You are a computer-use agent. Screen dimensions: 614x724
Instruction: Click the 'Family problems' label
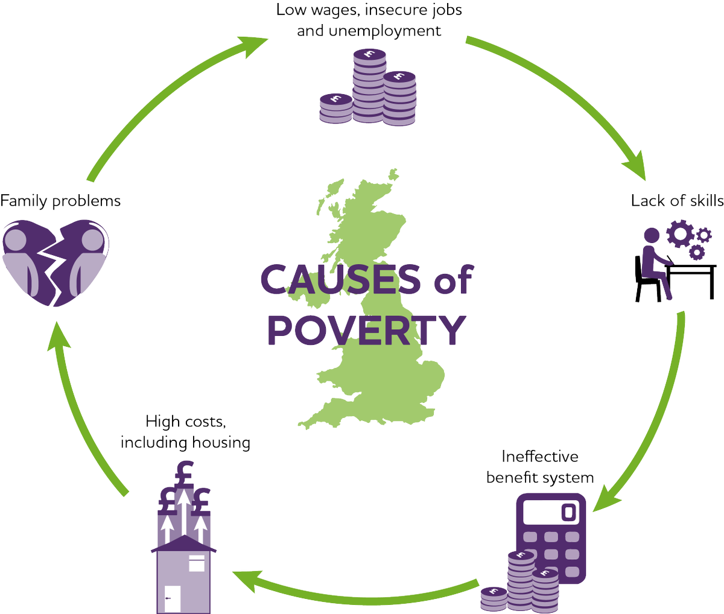point(60,200)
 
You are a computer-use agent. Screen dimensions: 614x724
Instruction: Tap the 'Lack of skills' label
point(677,200)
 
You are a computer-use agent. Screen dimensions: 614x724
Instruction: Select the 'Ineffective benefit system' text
point(539,467)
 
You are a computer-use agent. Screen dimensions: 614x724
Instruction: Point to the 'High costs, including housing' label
point(185,432)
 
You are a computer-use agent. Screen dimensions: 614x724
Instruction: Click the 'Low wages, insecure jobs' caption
point(369,10)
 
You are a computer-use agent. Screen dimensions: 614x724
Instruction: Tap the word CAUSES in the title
point(340,279)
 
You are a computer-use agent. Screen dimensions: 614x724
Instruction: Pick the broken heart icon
point(56,262)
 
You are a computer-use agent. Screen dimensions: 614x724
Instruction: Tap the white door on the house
point(173,598)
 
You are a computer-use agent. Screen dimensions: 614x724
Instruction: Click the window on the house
point(197,563)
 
